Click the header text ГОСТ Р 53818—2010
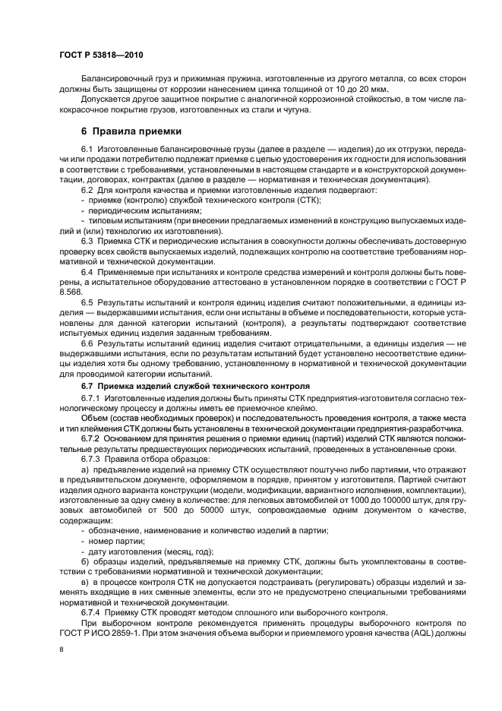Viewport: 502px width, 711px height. coord(102,56)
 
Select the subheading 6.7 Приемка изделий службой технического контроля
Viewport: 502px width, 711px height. coord(195,385)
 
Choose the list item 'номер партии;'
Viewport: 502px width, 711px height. coord(116,542)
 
